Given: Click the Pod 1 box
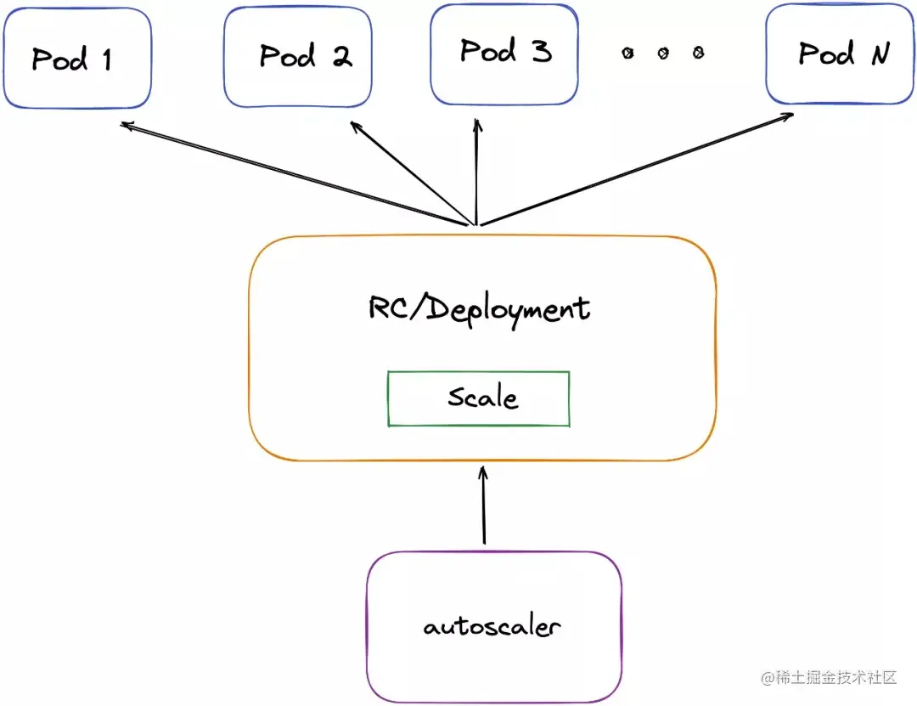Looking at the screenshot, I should point(77,58).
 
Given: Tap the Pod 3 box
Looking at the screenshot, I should point(504,53).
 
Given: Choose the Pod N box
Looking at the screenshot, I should point(840,54).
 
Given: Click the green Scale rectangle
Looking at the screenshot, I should point(478,398).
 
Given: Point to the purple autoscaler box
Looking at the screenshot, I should point(493,627).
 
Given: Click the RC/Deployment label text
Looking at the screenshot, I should point(479,308).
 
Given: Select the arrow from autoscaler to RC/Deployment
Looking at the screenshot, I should point(484,505).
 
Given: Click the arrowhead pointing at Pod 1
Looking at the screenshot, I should point(125,125).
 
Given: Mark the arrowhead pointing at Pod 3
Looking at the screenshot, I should point(477,124).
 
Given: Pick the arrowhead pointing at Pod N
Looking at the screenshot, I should point(789,114).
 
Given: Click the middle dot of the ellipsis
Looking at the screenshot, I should point(663,54).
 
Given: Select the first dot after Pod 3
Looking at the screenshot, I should point(627,54).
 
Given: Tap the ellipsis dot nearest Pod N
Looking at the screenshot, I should point(698,54).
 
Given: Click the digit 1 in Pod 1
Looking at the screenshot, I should point(106,59).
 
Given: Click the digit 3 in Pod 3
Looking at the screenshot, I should point(541,53).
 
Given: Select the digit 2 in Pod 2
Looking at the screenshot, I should point(341,57).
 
